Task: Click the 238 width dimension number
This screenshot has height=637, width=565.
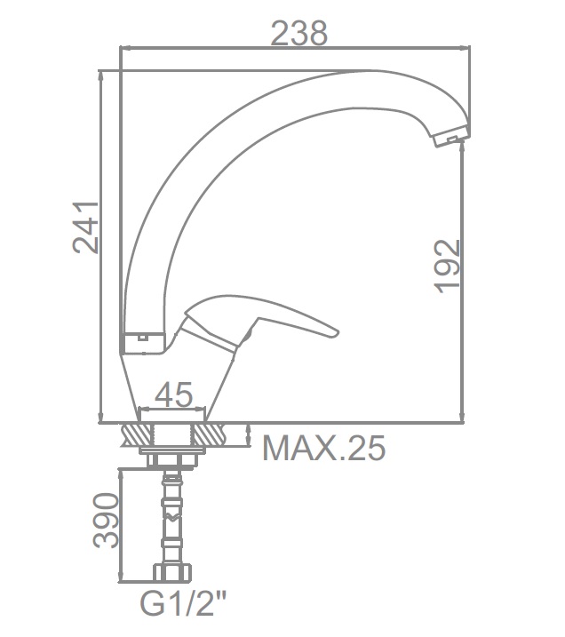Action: tap(298, 33)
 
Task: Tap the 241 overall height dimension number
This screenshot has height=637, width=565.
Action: tap(85, 227)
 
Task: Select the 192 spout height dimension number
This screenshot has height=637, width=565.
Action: tap(447, 267)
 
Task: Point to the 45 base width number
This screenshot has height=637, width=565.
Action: tap(173, 394)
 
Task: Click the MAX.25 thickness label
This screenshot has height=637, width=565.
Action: tap(324, 448)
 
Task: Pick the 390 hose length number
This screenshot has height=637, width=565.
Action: tap(106, 520)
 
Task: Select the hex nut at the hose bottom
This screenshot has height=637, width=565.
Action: tap(172, 573)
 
